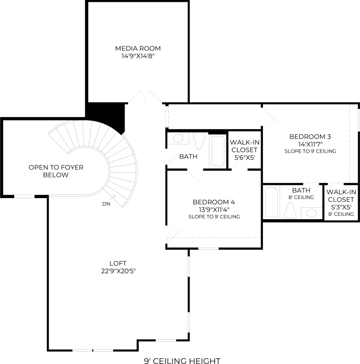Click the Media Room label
click(138, 49)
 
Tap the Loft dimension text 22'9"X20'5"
click(118, 271)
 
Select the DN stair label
click(106, 204)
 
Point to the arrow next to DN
click(113, 198)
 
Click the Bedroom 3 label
click(310, 136)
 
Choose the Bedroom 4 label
click(214, 202)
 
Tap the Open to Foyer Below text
click(56, 171)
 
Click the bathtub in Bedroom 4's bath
click(218, 151)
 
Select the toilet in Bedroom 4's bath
click(199, 141)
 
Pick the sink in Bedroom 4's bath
click(178, 138)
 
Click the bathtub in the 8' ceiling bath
click(271, 202)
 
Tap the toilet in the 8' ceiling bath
click(290, 210)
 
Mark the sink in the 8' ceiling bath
click(311, 213)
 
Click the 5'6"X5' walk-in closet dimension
click(245, 158)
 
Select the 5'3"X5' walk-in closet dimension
click(341, 207)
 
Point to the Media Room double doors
click(145, 97)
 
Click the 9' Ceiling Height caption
click(182, 361)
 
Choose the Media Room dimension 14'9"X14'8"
click(138, 56)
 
